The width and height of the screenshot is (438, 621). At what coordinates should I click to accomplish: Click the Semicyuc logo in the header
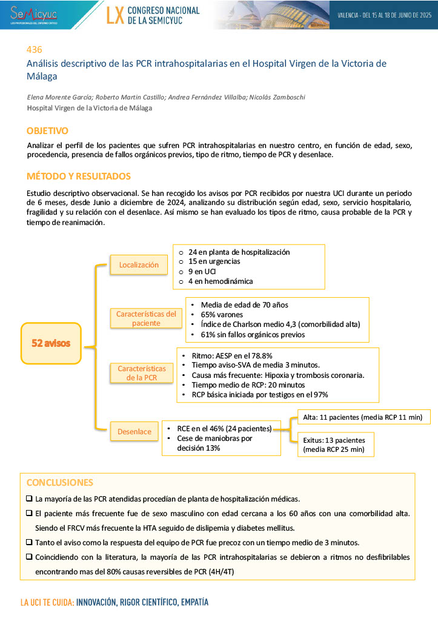34,14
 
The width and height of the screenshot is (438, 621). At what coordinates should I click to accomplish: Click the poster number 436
34,50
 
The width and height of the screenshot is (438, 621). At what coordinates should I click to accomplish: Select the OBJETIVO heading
47,131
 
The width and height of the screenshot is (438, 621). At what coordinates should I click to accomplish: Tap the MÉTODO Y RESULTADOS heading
78,176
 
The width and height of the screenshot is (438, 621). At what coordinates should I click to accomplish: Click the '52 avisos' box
51,343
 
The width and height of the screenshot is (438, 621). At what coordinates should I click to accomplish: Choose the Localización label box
139,264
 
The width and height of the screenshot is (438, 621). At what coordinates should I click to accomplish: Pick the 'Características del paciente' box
146,318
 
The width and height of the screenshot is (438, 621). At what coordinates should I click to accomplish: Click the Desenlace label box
134,432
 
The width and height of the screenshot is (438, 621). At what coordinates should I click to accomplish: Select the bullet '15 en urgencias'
214,261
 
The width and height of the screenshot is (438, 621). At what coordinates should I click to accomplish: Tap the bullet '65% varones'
222,315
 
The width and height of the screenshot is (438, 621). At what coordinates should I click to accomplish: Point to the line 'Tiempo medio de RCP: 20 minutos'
248,385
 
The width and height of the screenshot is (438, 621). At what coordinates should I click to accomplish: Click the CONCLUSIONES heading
60,483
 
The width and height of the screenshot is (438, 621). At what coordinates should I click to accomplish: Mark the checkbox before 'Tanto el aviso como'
30,542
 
